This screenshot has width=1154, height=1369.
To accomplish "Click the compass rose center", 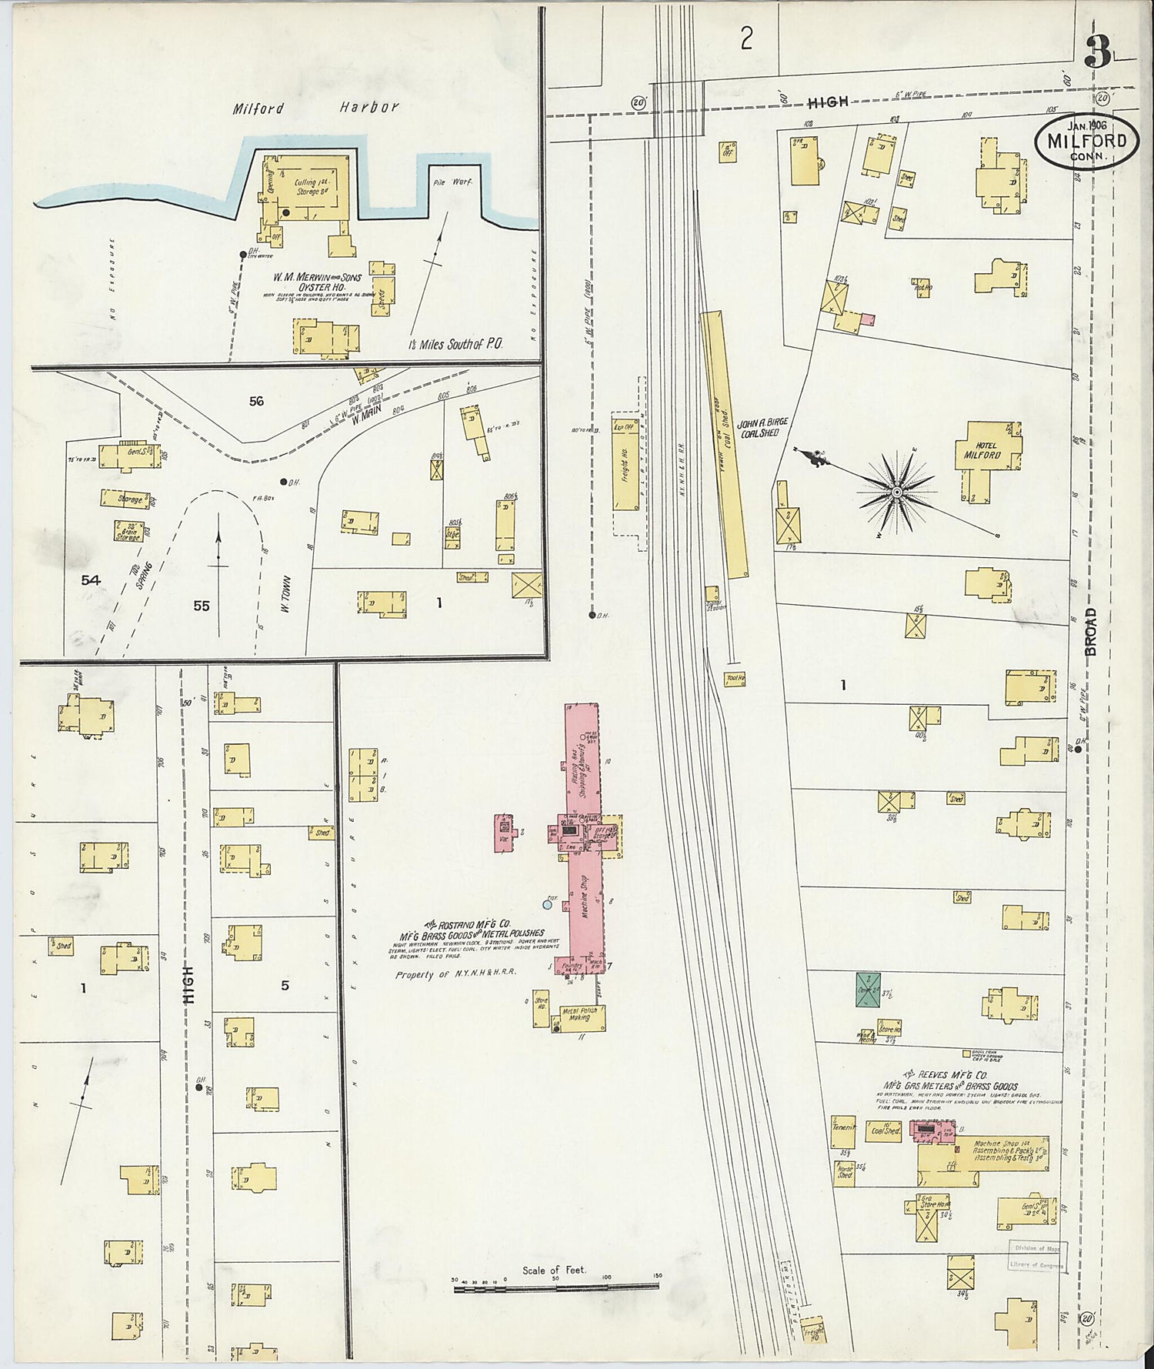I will pyautogui.click(x=896, y=490).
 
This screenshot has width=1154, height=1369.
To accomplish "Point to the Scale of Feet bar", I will pyautogui.click(x=555, y=1285).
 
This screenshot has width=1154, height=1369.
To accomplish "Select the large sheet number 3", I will pyautogui.click(x=1098, y=52).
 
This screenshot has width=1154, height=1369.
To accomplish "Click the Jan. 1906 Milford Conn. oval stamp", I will pyautogui.click(x=1086, y=141).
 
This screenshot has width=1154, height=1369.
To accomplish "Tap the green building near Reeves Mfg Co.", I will pyautogui.click(x=868, y=990).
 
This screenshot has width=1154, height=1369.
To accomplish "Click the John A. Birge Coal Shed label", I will pyautogui.click(x=762, y=428).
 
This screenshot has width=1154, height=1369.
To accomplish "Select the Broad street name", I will pyautogui.click(x=1092, y=631).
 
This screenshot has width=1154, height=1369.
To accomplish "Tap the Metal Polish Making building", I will pyautogui.click(x=580, y=1017).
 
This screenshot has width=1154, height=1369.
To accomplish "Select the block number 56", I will pyautogui.click(x=256, y=401).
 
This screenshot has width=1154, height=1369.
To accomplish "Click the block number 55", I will pyautogui.click(x=201, y=606).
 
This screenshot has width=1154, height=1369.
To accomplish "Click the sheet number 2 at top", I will pyautogui.click(x=745, y=38).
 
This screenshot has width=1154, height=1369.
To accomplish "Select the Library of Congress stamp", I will pyautogui.click(x=1036, y=1257).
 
